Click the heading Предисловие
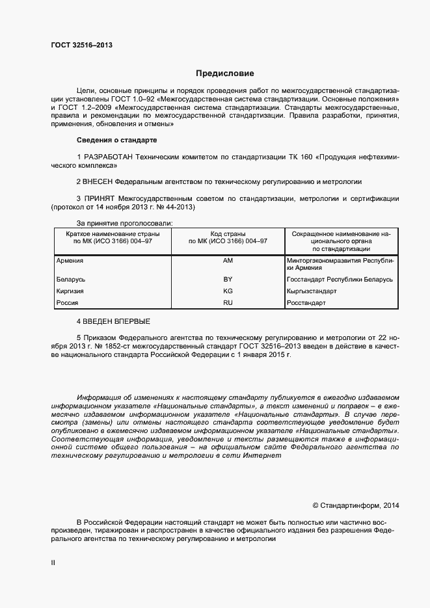[225, 73]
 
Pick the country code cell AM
[228, 261]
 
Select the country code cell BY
[228, 279]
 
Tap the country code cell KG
[228, 291]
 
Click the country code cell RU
[228, 303]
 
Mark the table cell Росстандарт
[308, 303]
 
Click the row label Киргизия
[70, 291]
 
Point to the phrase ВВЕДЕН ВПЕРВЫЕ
[117, 322]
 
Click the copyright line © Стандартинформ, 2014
[356, 505]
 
